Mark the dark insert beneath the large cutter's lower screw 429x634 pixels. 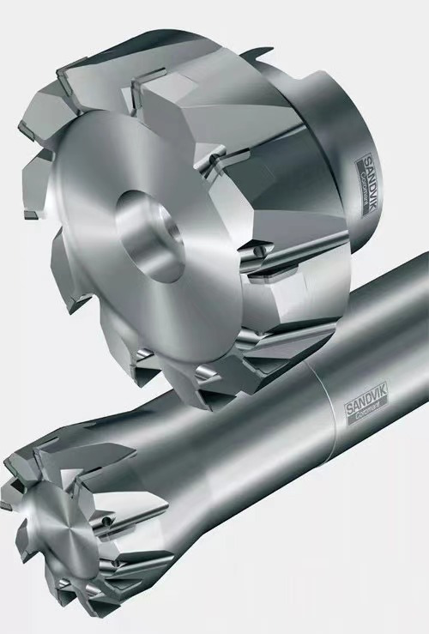point(257,276)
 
